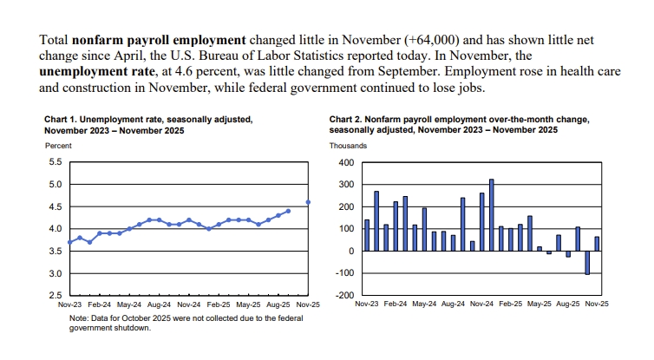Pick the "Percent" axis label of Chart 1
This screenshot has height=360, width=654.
pos(58,146)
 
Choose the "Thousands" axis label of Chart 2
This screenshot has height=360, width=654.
pos(347,146)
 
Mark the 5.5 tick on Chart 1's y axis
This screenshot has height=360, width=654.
pos(54,162)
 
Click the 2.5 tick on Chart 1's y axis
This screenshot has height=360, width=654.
pos(54,296)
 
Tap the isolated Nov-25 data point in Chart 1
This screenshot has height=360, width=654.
pos(309,202)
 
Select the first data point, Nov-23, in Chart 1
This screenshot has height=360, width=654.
pos(70,242)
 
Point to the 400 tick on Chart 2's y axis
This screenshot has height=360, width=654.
pos(347,163)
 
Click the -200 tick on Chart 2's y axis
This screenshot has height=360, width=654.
pos(345,296)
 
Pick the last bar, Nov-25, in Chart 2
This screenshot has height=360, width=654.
pos(596,244)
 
